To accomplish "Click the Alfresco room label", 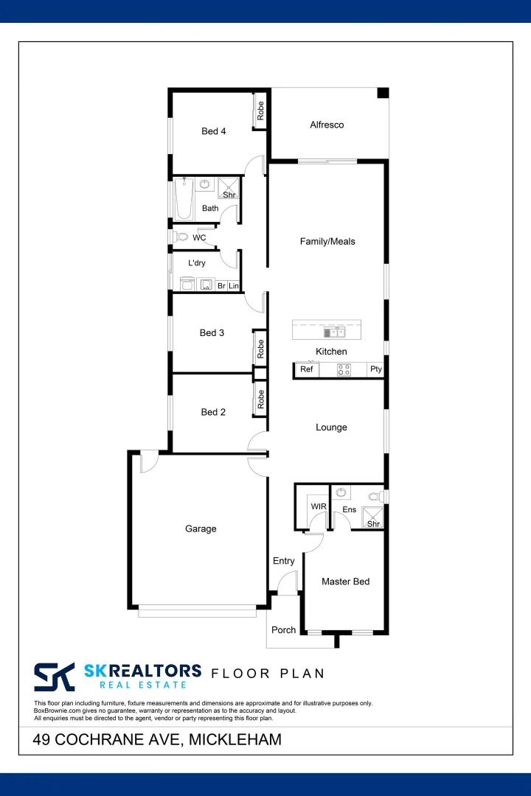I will (327, 125).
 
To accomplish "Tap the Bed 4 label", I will (214, 131).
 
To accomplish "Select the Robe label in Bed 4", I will (260, 111).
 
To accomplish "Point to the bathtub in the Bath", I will (183, 199).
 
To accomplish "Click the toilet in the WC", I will (181, 237).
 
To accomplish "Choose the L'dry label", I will (197, 263).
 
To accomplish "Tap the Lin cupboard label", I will (233, 285).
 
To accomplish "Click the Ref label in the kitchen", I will (307, 369).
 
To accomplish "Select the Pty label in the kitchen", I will (376, 369).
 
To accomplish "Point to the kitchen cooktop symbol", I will (344, 370).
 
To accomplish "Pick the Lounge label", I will (331, 427).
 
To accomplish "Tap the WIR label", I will (319, 507).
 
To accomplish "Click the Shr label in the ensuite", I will (373, 524).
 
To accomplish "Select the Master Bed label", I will (345, 582).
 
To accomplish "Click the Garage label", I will (201, 528).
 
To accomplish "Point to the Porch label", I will (284, 630).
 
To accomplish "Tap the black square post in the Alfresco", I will (383, 93).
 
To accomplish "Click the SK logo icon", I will (55, 676).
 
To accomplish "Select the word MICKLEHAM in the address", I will (235, 739).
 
